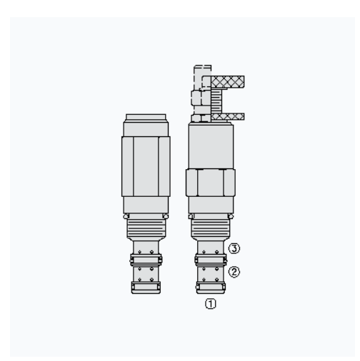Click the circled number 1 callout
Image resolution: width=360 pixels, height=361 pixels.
pos(211,304)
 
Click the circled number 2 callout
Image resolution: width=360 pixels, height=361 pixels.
pos(234,272)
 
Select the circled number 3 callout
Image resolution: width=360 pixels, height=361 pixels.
pos(234,248)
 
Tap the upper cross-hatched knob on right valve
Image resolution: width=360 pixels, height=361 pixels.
pos(228,82)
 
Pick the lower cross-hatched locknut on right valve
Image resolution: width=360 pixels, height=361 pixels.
pos(228,116)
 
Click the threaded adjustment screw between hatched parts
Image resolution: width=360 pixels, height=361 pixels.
pos(216,101)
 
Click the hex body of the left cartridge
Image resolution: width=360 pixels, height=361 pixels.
pos(146,166)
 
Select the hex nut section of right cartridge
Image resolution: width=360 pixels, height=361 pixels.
pos(211,183)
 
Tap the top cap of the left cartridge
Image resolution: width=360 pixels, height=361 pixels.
pos(146,117)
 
